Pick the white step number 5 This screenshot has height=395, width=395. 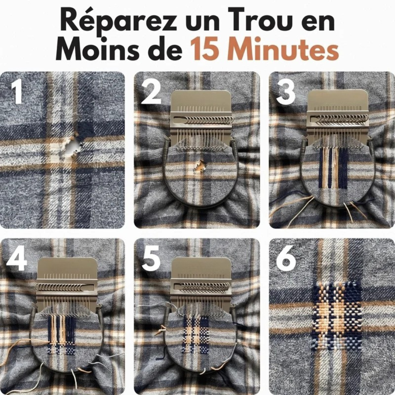click(x=151, y=258)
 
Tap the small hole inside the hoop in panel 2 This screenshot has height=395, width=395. click(x=201, y=167)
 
